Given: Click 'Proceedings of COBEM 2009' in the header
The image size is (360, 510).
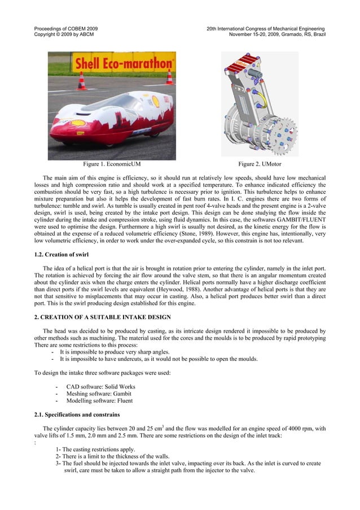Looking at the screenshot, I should point(65,28).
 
